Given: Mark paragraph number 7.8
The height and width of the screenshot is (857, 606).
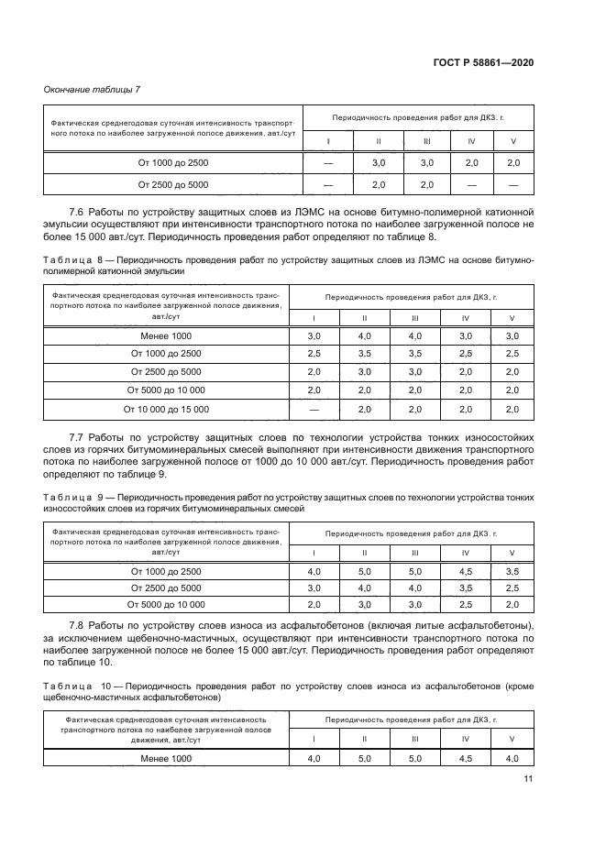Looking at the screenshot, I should coord(80,625).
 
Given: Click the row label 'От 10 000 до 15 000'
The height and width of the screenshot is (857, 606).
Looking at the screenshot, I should coord(173,409).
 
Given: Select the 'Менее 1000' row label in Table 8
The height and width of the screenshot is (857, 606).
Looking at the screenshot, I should coord(173,336).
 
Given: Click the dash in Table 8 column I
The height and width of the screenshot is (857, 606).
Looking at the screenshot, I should coord(314,409).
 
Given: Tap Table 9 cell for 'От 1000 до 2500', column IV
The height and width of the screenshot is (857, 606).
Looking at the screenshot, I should coord(466,571).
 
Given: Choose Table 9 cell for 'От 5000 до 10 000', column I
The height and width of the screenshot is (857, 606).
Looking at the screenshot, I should coord(314,604).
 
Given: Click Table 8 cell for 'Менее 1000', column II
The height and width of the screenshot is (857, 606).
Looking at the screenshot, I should coord(365,336).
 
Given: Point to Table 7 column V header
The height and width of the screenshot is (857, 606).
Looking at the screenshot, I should coord(512,140).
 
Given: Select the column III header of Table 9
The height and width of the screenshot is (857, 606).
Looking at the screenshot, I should coord(415,553).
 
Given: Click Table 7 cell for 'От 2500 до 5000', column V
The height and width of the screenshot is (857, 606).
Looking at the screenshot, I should coord(512,184).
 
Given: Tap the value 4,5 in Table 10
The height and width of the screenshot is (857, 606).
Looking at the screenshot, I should coord(466,759).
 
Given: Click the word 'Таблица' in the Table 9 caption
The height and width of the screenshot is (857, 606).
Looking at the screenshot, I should coord(67,496).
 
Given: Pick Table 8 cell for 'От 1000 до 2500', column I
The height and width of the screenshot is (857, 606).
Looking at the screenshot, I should coord(314,354).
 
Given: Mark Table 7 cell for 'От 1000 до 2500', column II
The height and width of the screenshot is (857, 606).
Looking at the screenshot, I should coord(378,162).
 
